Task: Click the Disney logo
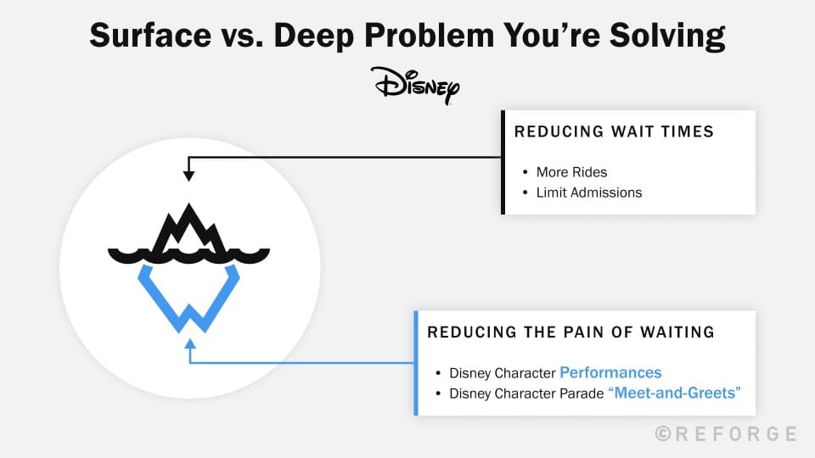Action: click(415, 86)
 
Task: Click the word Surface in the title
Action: click(151, 36)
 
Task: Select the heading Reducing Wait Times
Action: click(614, 132)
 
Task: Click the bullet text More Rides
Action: click(571, 172)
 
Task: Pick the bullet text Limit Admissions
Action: click(589, 193)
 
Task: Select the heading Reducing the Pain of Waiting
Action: click(570, 332)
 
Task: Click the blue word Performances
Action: click(610, 372)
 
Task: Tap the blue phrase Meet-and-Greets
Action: click(675, 393)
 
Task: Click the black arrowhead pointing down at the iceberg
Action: click(188, 176)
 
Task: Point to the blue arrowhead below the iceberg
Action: click(190, 343)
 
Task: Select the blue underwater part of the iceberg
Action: click(188, 299)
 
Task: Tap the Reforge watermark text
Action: click(726, 434)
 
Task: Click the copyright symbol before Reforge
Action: click(663, 433)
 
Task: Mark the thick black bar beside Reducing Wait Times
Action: click(503, 162)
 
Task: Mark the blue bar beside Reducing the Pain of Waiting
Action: click(416, 363)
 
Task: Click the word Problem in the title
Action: click(429, 36)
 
